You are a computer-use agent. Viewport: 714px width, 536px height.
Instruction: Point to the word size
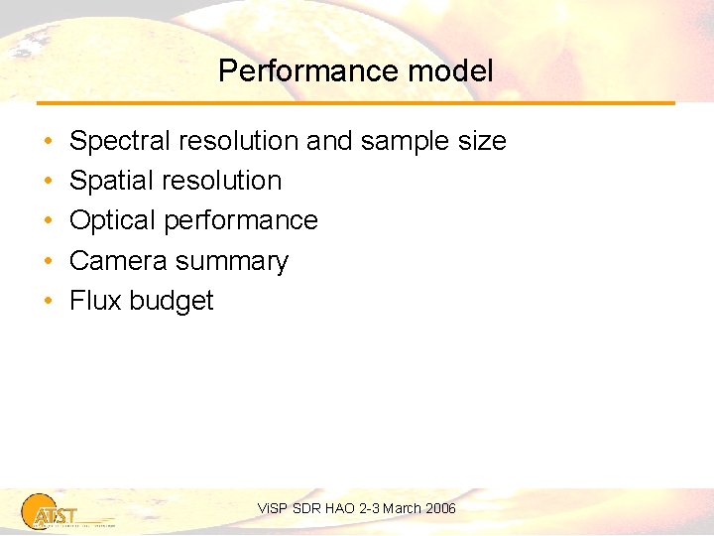(481, 141)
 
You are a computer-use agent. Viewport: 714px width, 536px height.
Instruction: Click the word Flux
(95, 301)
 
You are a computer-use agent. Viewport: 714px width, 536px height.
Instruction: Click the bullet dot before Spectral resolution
(49, 142)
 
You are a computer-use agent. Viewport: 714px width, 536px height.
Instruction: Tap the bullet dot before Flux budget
(49, 302)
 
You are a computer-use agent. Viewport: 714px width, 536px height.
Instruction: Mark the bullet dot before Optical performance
(49, 221)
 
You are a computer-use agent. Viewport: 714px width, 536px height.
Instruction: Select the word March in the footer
(402, 508)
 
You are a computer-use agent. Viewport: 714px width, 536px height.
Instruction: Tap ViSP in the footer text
(272, 508)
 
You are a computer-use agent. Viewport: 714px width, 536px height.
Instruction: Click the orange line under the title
(356, 103)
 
